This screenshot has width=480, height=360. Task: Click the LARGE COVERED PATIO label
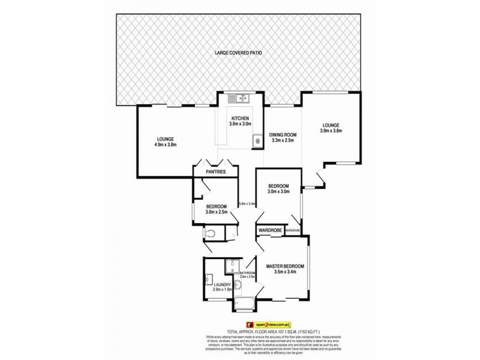point(238,53)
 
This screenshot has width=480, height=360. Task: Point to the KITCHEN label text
point(238,118)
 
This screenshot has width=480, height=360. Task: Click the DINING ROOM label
point(282,135)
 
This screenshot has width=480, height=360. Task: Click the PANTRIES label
point(216,172)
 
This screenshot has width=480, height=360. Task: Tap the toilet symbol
point(208,233)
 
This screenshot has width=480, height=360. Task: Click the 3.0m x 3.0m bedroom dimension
point(278,192)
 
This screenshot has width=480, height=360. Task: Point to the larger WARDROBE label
point(270,230)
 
